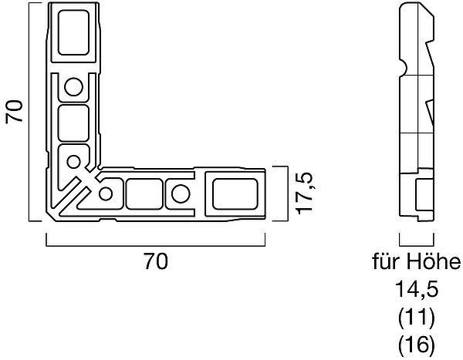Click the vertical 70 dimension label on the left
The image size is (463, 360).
point(14,111)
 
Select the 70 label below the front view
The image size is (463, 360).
point(156,261)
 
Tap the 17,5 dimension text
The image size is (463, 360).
point(304,193)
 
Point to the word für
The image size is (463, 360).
point(387,261)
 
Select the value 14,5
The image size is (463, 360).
point(417,289)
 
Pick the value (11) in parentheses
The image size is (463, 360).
point(417,317)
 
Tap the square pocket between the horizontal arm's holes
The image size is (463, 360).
point(144,193)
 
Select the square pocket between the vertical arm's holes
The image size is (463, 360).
point(73,123)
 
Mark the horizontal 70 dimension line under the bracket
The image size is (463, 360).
point(156,245)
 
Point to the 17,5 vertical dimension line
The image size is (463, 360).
point(287,193)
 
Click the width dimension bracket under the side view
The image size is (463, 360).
point(417,245)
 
